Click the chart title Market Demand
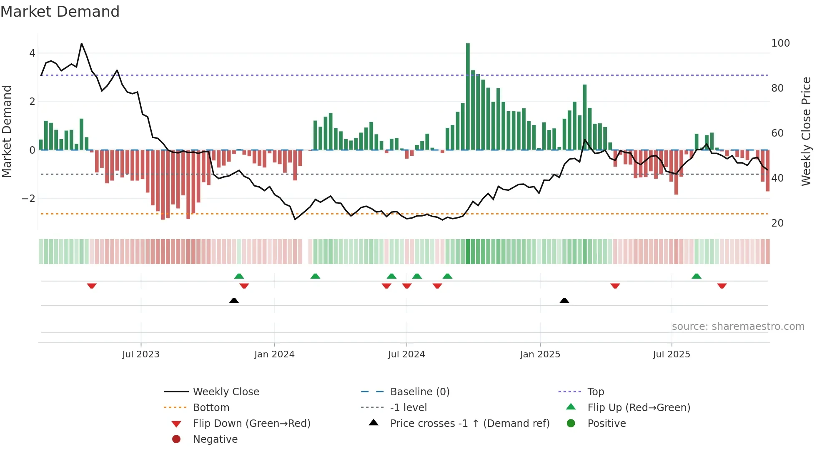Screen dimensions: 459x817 point(60,12)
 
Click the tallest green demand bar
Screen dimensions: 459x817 point(468,96)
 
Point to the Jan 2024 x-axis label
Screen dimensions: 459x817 point(274,354)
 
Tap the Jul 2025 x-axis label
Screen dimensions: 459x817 point(672,354)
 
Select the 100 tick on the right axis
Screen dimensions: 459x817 point(780,43)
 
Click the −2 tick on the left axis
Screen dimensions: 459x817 point(28,199)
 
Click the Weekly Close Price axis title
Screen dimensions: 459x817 point(806,131)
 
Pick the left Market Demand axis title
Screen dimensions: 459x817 point(7,131)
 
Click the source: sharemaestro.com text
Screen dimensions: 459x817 point(738,327)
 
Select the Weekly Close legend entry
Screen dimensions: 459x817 point(226,392)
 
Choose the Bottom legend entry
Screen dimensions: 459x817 point(211,408)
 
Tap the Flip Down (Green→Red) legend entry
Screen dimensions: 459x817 point(251,424)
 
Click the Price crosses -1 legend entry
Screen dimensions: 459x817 point(469,424)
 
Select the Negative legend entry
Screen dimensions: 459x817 point(215,439)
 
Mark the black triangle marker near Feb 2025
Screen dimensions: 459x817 point(564,300)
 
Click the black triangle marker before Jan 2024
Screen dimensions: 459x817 point(234,300)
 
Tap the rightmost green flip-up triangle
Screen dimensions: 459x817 point(696,276)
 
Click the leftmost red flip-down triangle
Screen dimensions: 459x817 point(92,286)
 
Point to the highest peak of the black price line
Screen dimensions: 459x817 point(81,44)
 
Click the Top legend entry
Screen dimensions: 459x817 point(595,392)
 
